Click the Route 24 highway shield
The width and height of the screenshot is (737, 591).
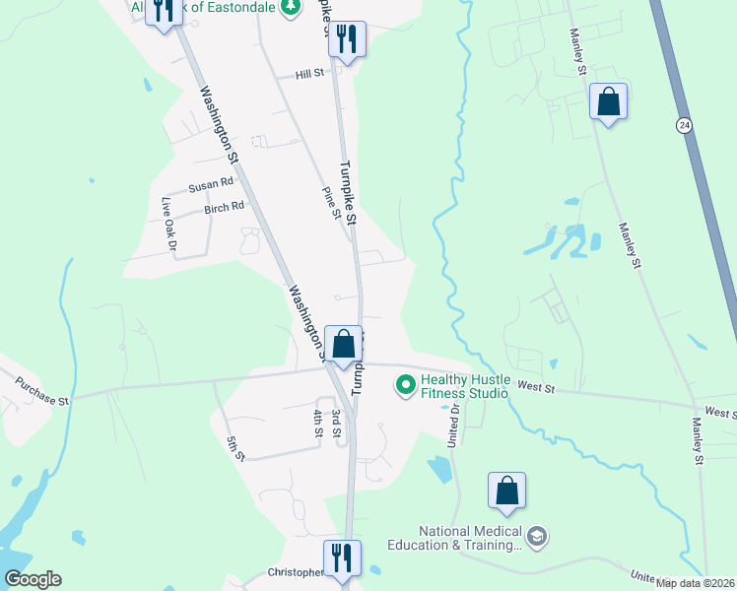[684, 125]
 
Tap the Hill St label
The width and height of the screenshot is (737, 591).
[310, 74]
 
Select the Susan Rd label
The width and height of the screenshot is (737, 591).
[211, 183]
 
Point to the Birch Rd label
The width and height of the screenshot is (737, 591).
[224, 208]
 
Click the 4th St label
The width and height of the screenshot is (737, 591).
[318, 423]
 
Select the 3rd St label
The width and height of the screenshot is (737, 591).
[336, 423]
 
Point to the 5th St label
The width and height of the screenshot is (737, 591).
[234, 448]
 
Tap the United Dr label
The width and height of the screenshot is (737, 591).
[455, 426]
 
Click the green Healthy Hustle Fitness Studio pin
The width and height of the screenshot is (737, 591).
[404, 385]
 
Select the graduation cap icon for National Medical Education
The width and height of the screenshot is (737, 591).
[537, 536]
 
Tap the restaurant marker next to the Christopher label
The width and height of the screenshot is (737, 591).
[342, 558]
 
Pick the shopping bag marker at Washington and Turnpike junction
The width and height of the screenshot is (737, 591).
[343, 346]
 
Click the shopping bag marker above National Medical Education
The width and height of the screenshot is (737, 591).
[506, 491]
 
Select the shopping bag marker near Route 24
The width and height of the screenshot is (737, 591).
[609, 101]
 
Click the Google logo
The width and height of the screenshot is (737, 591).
[33, 579]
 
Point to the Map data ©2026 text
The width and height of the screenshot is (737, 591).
[695, 583]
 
